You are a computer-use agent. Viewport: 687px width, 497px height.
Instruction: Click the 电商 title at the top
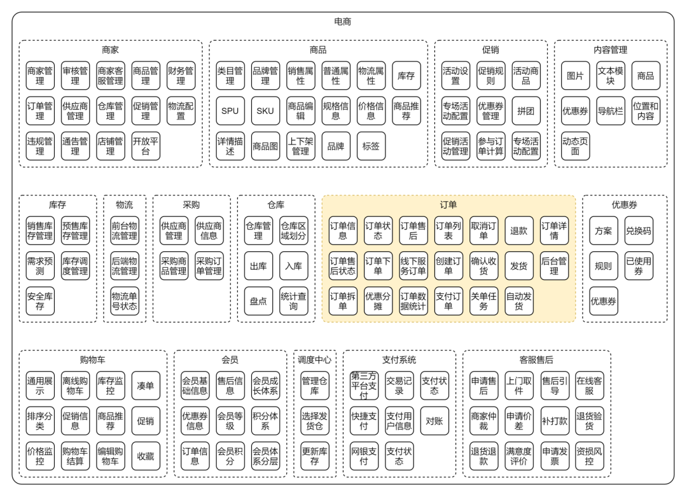[x=342, y=22]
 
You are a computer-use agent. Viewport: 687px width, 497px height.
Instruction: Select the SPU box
[x=230, y=111]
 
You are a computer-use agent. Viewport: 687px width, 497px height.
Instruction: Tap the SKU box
[x=265, y=111]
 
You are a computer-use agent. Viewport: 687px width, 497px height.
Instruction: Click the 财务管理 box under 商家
[x=181, y=76]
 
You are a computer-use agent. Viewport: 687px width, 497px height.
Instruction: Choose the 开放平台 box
[x=146, y=146]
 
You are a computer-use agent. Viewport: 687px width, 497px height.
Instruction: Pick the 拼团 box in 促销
[x=526, y=111]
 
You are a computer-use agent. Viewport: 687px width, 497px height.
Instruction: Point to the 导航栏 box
[x=610, y=111]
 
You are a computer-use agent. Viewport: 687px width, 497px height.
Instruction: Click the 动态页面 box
[x=575, y=146]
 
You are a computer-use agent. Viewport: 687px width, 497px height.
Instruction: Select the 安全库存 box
[x=40, y=301]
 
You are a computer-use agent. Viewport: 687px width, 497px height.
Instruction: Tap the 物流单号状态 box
[x=125, y=301]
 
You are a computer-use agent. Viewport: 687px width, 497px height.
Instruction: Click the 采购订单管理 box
[x=209, y=266]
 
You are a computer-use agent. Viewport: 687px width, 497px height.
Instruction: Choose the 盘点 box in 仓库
[x=258, y=301]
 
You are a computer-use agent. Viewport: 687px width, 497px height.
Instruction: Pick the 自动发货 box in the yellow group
[x=519, y=301]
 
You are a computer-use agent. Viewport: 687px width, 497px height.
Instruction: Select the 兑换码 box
[x=639, y=230]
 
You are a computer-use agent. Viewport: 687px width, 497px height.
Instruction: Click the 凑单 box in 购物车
[x=146, y=386]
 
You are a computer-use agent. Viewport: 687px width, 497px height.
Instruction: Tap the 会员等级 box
[x=230, y=421]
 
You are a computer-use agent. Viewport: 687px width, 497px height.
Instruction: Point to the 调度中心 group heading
[x=314, y=360]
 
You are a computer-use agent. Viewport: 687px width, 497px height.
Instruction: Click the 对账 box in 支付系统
[x=434, y=421]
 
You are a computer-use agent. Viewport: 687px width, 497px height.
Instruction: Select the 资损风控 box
[x=589, y=456]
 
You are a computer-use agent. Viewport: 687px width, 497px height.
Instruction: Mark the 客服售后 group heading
[x=536, y=360]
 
